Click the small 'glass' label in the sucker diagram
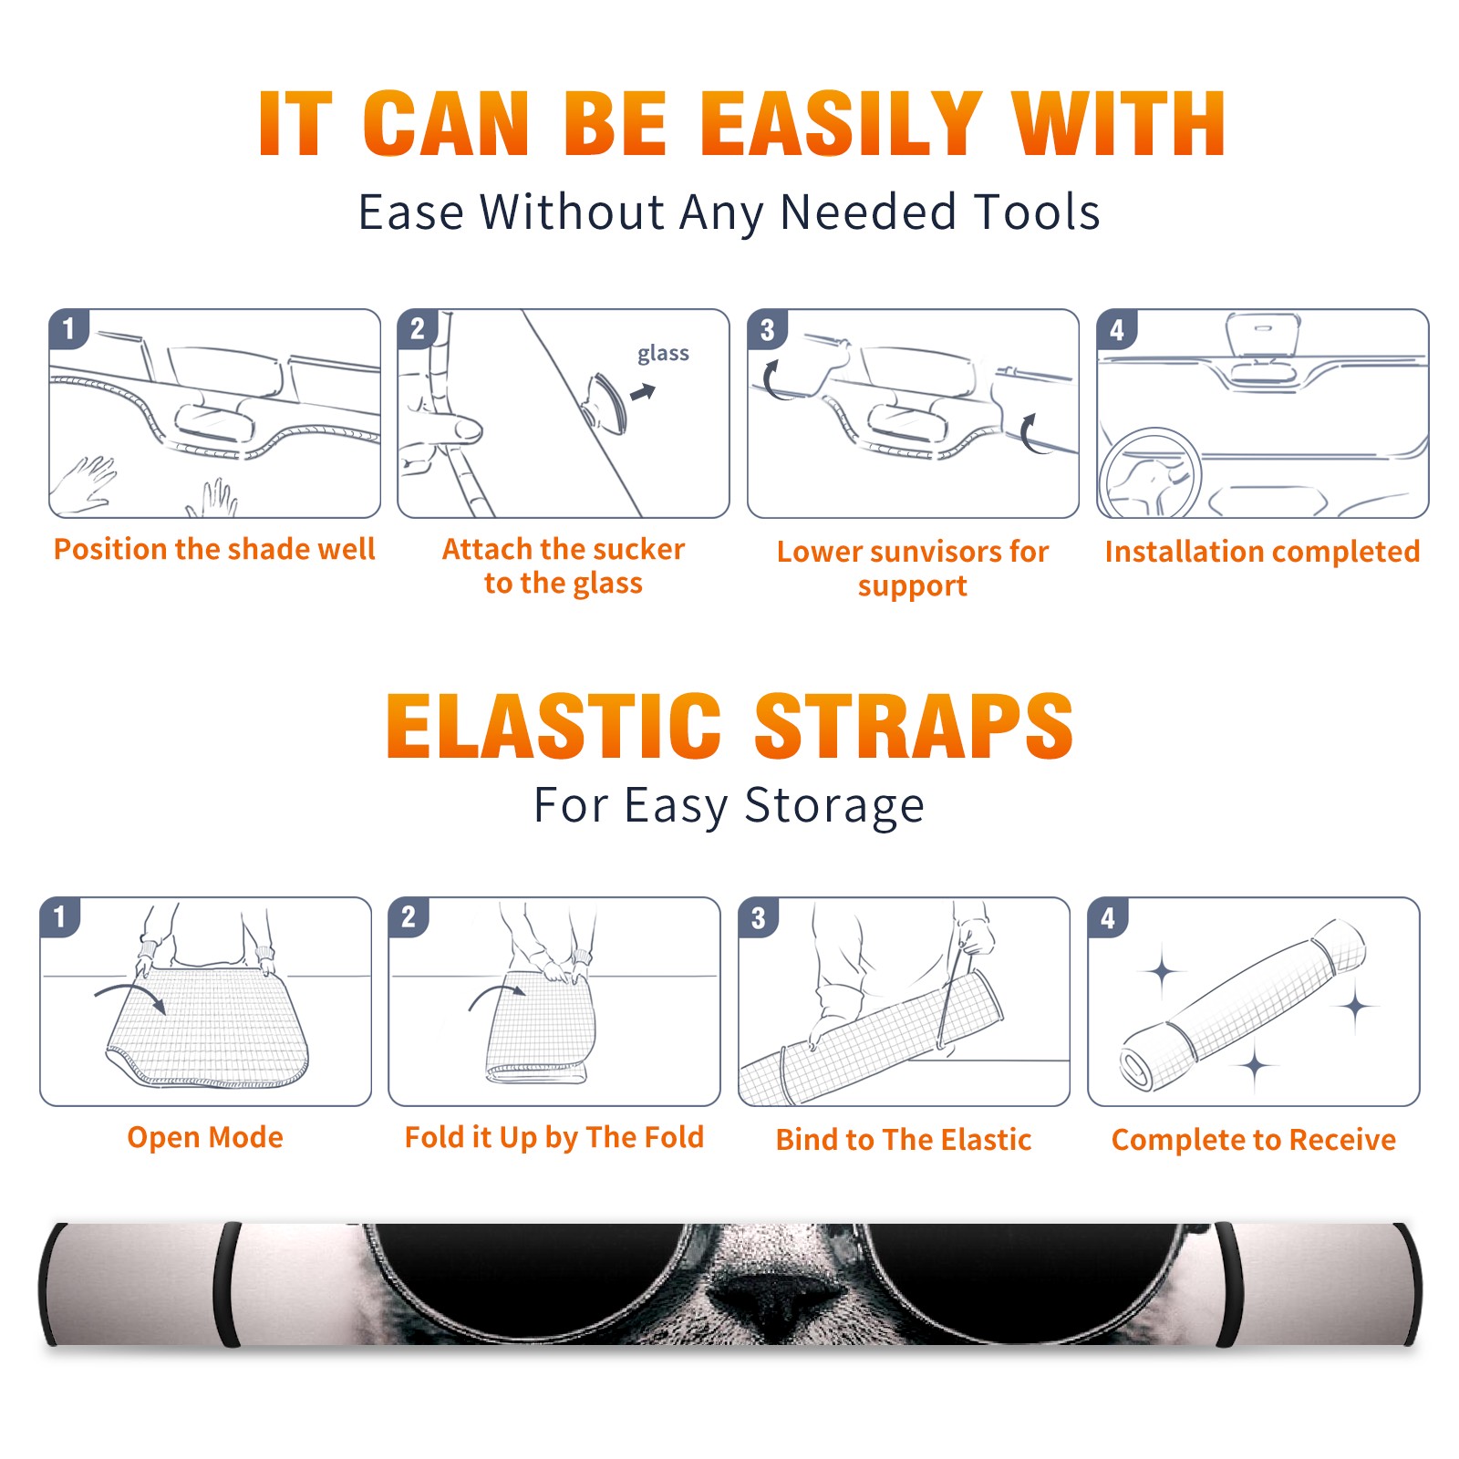(663, 353)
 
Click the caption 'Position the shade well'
(214, 549)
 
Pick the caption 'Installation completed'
(1262, 551)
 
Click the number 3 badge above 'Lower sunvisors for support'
(767, 329)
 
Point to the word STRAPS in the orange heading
(914, 726)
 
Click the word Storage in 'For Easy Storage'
(834, 806)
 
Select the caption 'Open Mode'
(205, 1137)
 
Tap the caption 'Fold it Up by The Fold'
(554, 1137)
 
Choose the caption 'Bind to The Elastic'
(904, 1140)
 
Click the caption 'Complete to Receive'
(1254, 1140)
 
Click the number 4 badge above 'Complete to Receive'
(1108, 917)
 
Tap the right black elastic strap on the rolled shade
(1230, 1284)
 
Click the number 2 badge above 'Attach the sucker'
(418, 329)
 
